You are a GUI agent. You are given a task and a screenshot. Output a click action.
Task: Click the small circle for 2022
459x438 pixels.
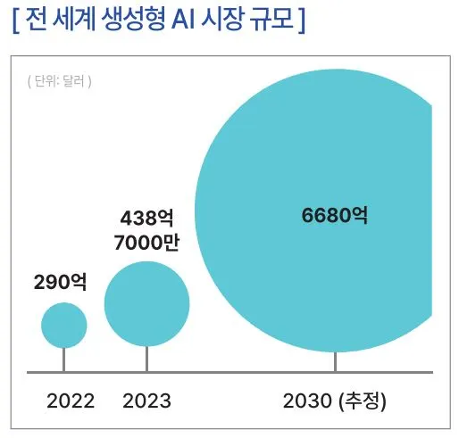tap(64, 325)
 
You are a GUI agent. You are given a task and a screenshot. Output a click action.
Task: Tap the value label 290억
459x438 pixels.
tap(61, 283)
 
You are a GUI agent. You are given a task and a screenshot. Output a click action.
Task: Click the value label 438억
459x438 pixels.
tap(148, 217)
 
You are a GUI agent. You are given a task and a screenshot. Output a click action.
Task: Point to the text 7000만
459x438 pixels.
tap(148, 243)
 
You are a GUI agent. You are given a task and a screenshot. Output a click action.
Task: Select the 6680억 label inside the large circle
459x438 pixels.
tap(335, 215)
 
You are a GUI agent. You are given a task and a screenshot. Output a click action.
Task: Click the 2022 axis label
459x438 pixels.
tap(71, 401)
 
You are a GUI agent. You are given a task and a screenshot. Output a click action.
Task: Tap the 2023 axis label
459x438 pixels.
tap(146, 401)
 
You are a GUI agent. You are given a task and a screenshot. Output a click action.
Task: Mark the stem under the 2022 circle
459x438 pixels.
tap(64, 359)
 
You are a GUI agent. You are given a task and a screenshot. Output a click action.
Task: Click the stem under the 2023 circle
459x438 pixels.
tap(147, 359)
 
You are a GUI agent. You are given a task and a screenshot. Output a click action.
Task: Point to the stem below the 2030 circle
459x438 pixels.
tap(335, 362)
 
